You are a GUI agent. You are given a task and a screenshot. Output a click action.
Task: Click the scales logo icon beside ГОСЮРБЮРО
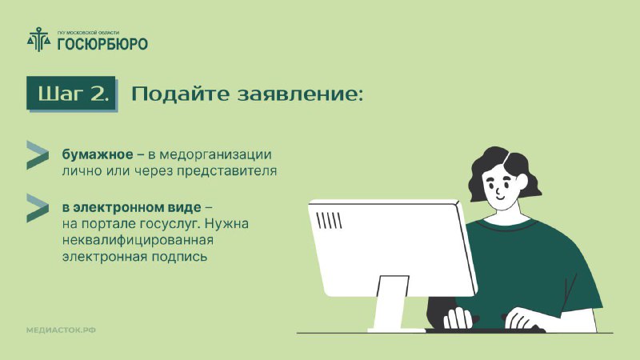coord(39,39)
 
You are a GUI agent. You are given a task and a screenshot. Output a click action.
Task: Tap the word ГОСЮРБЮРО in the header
coord(102,44)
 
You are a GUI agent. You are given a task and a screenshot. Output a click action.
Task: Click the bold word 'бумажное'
coord(98,154)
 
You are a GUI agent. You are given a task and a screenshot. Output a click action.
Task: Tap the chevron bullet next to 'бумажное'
coord(38,154)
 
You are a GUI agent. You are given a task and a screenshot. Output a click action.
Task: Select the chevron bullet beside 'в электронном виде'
coord(38,208)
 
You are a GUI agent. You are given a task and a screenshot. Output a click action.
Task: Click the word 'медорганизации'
coord(215,155)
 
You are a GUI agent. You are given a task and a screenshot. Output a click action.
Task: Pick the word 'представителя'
coord(226,171)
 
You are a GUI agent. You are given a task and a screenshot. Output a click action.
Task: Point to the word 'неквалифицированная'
coord(138,241)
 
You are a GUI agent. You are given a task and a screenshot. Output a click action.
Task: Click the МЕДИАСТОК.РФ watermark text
coord(62,330)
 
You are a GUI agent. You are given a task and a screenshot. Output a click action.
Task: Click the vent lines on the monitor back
coord(329,221)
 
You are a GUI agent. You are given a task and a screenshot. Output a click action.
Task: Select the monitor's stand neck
coord(390,302)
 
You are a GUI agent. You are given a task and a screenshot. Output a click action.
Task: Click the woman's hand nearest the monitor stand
coord(458,318)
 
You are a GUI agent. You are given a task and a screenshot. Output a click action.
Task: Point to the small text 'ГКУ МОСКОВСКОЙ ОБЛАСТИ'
coord(88,33)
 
